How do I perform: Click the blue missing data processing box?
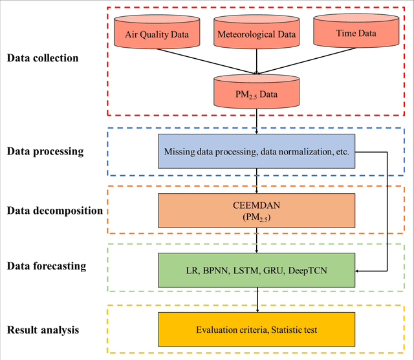(257, 152)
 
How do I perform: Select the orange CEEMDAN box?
(257, 210)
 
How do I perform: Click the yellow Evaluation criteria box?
(257, 330)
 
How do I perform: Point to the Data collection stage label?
(43, 58)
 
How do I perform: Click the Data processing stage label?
(45, 152)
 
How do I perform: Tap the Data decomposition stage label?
(55, 211)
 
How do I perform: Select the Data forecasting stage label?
(47, 266)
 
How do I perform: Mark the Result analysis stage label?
(43, 330)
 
